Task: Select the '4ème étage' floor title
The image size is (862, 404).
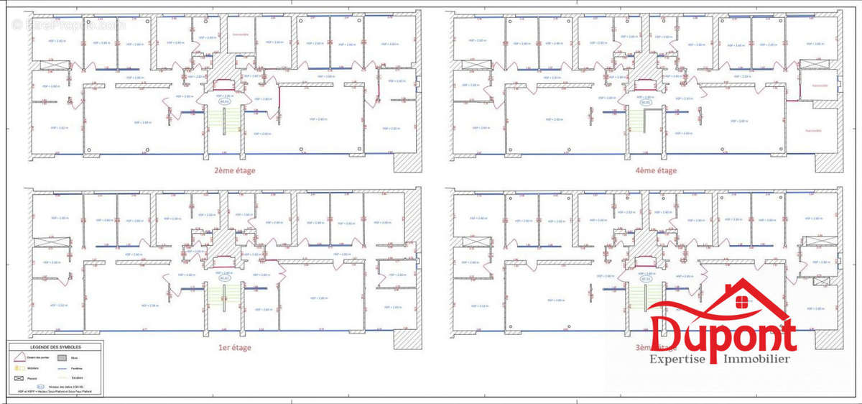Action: pyautogui.click(x=657, y=171)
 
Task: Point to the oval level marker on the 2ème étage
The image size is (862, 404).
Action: pyautogui.click(x=223, y=102)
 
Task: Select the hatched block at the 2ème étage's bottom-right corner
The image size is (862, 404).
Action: pyautogui.click(x=404, y=162)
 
